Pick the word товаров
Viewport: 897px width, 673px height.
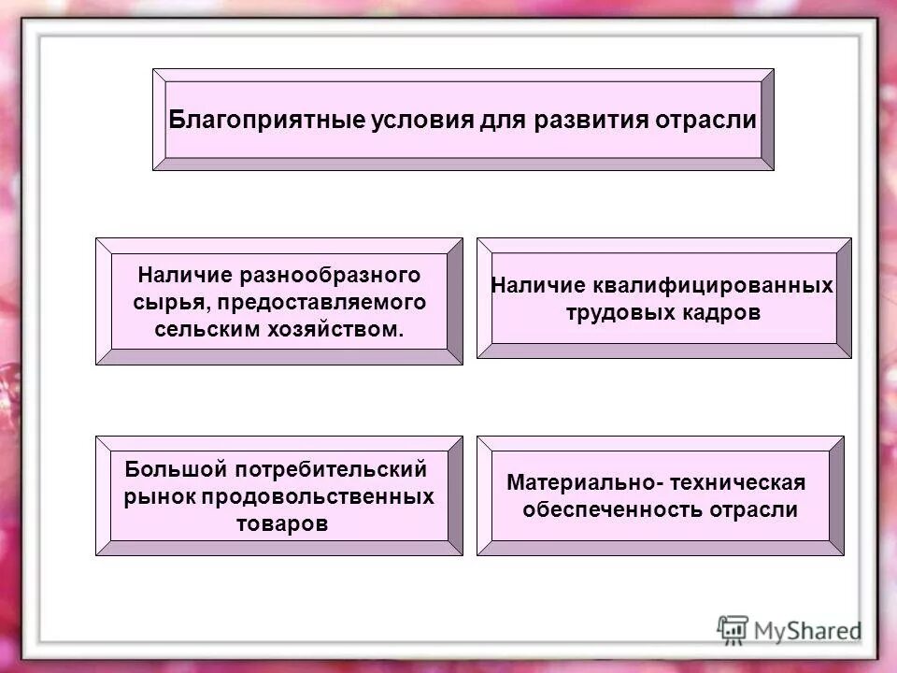coord(282,523)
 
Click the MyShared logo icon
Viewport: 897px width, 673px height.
coord(733,630)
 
